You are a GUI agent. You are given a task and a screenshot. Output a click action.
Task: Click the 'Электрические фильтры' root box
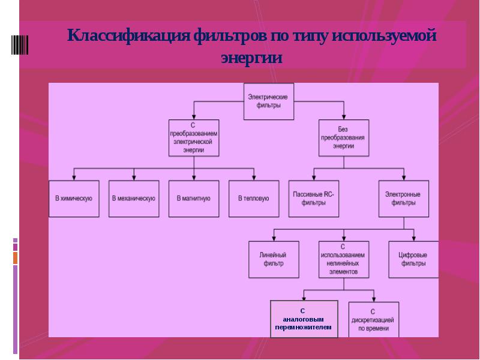[x=268, y=101]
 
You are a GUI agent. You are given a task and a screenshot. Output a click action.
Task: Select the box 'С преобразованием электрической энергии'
[x=194, y=138]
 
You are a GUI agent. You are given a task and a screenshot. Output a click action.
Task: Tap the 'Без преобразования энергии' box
[x=344, y=138]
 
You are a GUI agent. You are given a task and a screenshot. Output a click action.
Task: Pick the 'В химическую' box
[x=74, y=199]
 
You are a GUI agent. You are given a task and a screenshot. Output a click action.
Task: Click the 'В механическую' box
[x=134, y=199]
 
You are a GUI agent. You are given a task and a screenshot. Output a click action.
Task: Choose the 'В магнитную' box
[x=194, y=199]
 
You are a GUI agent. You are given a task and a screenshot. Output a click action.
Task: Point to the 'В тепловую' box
[x=254, y=199]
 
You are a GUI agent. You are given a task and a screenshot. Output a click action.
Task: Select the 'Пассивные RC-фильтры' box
[x=314, y=199]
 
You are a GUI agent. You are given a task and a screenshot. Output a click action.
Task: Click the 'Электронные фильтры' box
[x=404, y=199]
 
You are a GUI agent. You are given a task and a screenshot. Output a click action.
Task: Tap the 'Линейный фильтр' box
[x=274, y=260]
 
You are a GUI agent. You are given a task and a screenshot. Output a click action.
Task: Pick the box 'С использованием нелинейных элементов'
[x=344, y=260]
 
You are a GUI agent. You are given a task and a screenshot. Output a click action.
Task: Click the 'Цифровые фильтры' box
[x=413, y=260]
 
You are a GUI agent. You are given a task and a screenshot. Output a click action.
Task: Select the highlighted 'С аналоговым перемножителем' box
[x=304, y=319]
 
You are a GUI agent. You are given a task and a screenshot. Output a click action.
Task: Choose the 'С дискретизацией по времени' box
[x=374, y=320]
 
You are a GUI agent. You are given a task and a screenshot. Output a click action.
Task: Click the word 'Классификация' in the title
[x=128, y=35]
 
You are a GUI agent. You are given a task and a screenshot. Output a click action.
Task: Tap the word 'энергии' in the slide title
[x=251, y=58]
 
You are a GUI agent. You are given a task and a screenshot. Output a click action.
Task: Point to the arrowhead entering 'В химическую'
[x=74, y=178]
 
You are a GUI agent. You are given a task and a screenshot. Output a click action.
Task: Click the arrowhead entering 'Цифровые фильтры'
[x=413, y=239]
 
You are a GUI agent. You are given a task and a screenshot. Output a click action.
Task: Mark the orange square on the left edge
[x=16, y=258]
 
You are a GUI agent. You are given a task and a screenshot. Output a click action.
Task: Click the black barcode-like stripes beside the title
[x=20, y=45]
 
